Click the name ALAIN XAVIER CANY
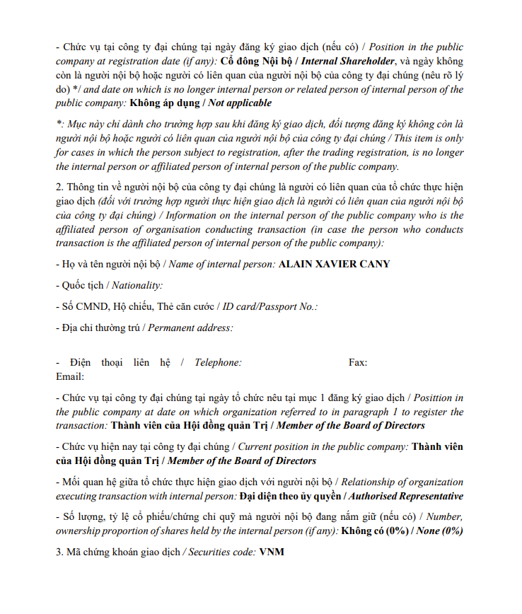(x=335, y=265)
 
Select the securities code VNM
(x=272, y=552)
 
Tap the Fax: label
(x=358, y=363)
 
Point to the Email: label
(x=70, y=376)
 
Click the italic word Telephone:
(x=218, y=363)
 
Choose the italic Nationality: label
(x=137, y=286)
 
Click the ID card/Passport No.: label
(x=270, y=307)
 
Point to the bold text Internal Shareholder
(x=348, y=61)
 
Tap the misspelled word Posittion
(x=443, y=398)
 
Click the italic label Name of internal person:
(x=221, y=265)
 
